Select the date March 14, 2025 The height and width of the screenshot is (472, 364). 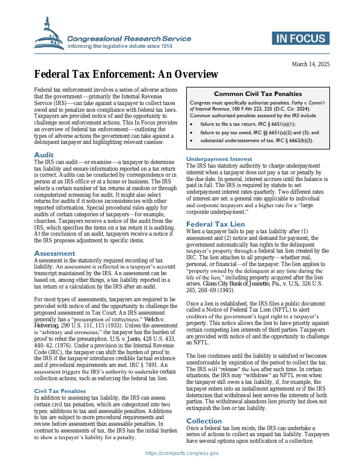point(311,64)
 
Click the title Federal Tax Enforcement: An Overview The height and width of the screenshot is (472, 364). point(126,75)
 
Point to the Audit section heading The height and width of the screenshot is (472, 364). point(44,156)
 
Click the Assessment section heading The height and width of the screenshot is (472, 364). point(55,253)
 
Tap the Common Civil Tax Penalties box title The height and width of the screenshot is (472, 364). point(258,94)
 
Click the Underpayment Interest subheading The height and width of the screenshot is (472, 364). point(218,159)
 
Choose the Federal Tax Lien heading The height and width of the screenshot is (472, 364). point(215,207)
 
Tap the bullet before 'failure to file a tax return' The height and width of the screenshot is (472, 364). point(192,123)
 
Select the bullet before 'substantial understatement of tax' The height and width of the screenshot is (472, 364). point(192,140)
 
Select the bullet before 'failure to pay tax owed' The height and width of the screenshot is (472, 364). point(192,132)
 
